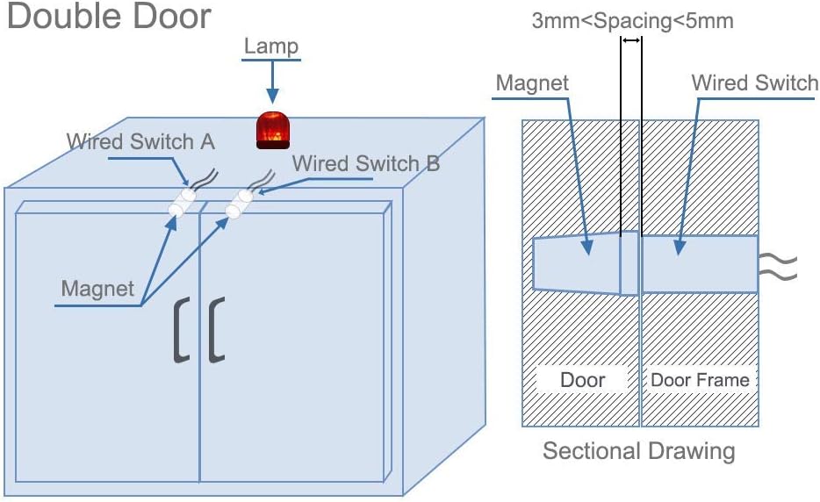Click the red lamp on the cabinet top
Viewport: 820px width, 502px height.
[x=273, y=130]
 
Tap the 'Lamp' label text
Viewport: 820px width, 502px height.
[x=271, y=46]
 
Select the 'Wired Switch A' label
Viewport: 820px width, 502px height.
[x=140, y=141]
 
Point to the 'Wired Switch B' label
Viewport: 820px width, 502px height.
[x=365, y=163]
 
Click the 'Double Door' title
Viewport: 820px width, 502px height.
[x=109, y=16]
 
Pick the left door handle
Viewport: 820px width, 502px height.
[x=182, y=330]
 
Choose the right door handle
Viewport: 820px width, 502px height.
[x=217, y=330]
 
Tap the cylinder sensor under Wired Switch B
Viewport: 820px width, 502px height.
[x=240, y=204]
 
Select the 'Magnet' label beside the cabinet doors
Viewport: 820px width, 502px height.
[x=97, y=289]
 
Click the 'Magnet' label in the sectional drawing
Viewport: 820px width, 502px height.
[x=532, y=82]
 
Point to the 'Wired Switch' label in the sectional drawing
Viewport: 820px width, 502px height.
[x=755, y=82]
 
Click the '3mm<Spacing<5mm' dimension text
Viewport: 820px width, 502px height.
[x=632, y=21]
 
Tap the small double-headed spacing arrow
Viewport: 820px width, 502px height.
[x=631, y=40]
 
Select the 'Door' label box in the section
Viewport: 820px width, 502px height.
[x=582, y=380]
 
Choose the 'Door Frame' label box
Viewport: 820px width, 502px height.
[x=700, y=380]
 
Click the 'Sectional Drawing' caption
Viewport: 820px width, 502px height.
[x=638, y=451]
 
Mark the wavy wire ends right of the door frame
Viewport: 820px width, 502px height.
[x=778, y=266]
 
